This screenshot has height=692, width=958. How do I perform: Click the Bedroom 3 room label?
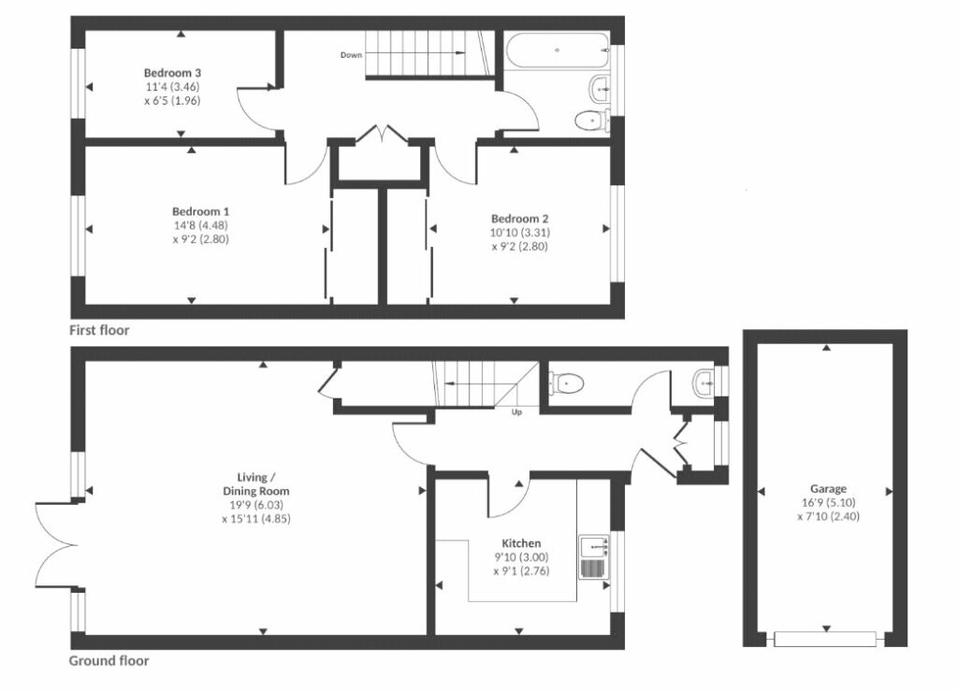(172, 72)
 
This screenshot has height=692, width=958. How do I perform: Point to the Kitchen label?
(521, 542)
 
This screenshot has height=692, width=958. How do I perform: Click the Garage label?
(828, 489)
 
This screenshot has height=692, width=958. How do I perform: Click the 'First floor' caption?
(99, 330)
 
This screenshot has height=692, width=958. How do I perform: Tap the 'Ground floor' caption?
(109, 661)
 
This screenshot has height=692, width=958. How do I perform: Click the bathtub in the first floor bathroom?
(556, 50)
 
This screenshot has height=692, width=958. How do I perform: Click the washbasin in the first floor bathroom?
(601, 90)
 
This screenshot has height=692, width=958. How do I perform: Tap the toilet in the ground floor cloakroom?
(568, 382)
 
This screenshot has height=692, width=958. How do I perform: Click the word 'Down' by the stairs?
(351, 55)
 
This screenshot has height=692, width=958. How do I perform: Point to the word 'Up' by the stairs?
(515, 411)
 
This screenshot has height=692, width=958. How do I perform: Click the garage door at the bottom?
(826, 639)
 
